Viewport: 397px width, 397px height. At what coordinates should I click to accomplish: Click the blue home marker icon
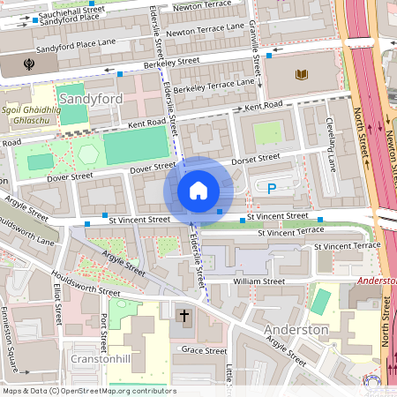point(198,191)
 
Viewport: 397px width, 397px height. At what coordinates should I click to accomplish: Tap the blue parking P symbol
point(272,188)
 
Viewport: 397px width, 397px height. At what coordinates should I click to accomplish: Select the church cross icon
point(184,315)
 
